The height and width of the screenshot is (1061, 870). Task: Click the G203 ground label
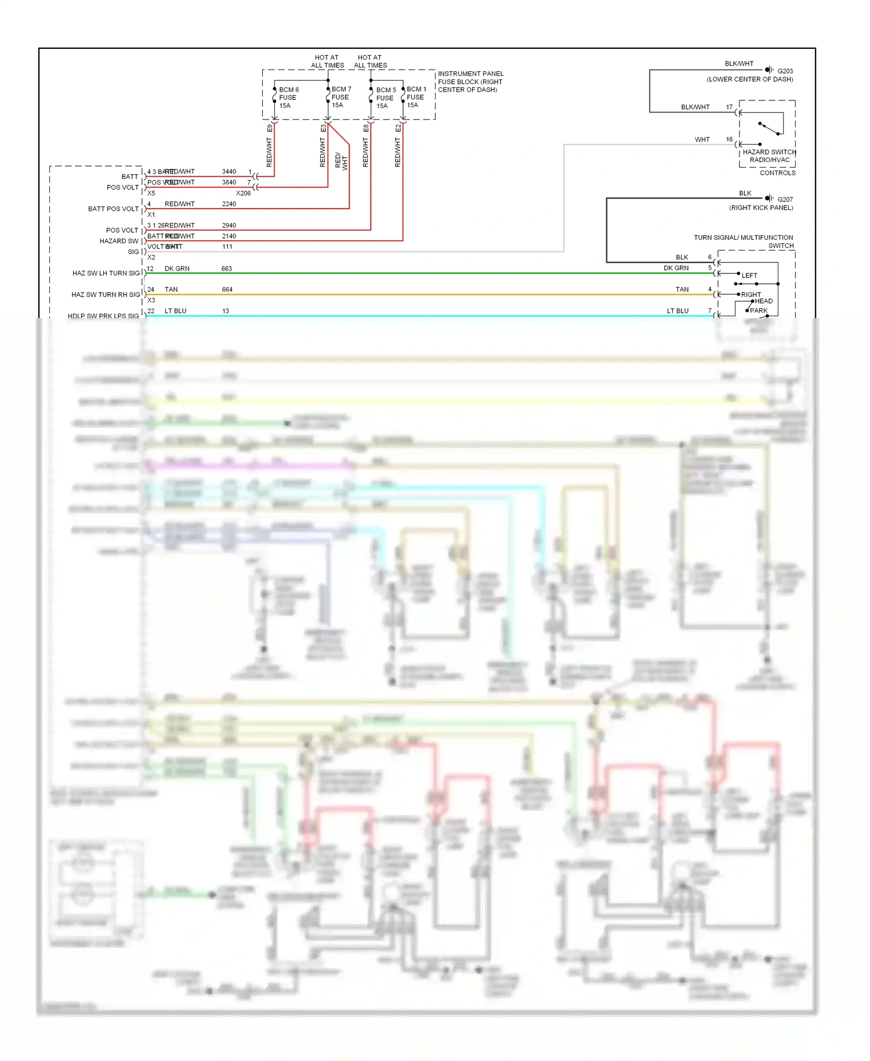pos(785,71)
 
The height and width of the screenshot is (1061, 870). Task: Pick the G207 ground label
pos(785,200)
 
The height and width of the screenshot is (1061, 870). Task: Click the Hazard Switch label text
pos(769,152)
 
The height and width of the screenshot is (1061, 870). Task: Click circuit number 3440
pos(229,172)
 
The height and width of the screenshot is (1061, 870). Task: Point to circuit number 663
pos(226,269)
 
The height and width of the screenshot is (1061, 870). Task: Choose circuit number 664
pos(227,290)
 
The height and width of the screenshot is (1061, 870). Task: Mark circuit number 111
pos(227,247)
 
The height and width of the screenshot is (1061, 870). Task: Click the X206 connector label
pos(243,193)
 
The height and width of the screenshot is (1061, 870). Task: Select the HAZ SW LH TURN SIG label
pos(106,273)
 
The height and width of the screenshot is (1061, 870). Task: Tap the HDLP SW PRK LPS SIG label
pos(103,316)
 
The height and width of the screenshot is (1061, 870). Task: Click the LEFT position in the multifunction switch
pos(749,276)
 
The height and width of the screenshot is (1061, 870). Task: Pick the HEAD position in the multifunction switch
pos(763,301)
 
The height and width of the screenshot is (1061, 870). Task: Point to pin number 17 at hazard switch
pos(729,107)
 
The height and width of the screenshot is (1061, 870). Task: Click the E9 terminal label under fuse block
pos(270,128)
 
